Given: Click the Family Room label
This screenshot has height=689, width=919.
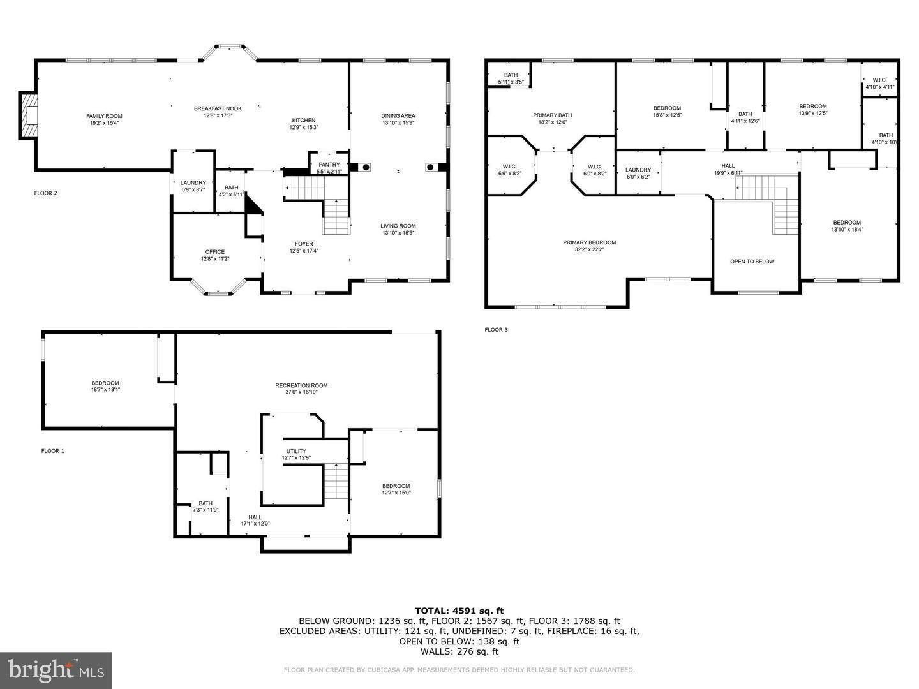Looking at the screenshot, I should pyautogui.click(x=104, y=116).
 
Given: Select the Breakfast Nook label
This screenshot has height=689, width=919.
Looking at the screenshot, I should pyautogui.click(x=218, y=108).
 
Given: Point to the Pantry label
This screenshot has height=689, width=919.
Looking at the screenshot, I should pyautogui.click(x=329, y=165).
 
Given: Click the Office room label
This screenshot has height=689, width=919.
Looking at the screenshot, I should pyautogui.click(x=214, y=252).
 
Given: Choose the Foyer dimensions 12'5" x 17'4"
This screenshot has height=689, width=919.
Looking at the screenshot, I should pyautogui.click(x=304, y=251).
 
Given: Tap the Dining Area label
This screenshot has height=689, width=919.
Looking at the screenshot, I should pyautogui.click(x=398, y=116).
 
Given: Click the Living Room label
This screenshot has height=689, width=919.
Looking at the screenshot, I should pyautogui.click(x=398, y=226).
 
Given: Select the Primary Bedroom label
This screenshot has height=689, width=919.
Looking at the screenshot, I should pyautogui.click(x=589, y=242).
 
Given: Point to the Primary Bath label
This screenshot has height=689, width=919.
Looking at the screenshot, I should pyautogui.click(x=553, y=115).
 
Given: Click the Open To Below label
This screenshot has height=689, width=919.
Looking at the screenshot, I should pyautogui.click(x=752, y=262).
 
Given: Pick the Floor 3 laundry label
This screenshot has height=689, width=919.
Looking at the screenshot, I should pyautogui.click(x=638, y=170).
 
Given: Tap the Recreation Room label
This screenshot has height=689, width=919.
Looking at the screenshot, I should pyautogui.click(x=301, y=385).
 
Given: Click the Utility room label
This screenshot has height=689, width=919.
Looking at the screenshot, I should pyautogui.click(x=296, y=451).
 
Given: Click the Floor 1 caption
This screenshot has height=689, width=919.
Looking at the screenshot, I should pyautogui.click(x=53, y=451).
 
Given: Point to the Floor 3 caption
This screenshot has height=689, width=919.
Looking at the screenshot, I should pyautogui.click(x=496, y=330).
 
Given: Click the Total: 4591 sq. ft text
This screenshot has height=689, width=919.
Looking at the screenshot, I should pyautogui.click(x=459, y=611).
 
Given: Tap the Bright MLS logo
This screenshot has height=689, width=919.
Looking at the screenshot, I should pyautogui.click(x=56, y=670).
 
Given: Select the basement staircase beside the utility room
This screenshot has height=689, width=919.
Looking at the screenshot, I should pyautogui.click(x=336, y=482).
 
